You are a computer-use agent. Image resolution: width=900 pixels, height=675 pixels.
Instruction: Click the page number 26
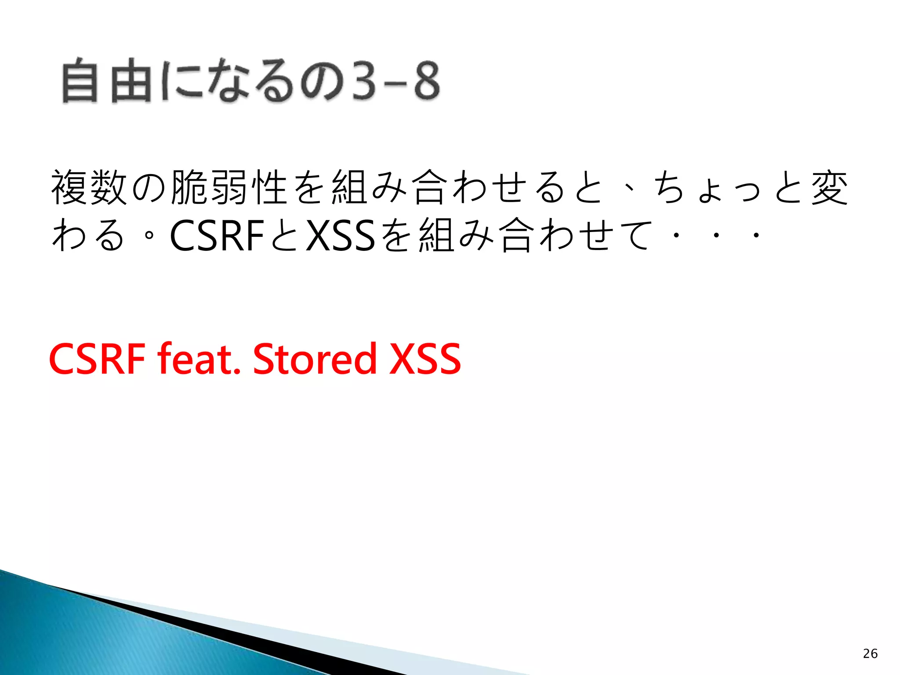pyautogui.click(x=870, y=653)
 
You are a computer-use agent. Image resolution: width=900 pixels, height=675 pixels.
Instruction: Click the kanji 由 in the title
pyautogui.click(x=130, y=81)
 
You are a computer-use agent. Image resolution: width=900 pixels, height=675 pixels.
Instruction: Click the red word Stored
pyautogui.click(x=315, y=359)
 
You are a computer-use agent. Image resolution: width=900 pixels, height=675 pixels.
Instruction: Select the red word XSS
pyautogui.click(x=425, y=359)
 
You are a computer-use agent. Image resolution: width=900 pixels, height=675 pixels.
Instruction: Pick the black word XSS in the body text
pyautogui.click(x=341, y=236)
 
